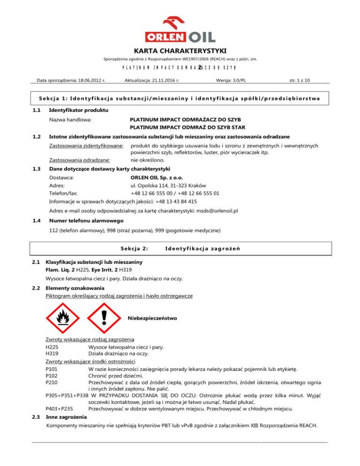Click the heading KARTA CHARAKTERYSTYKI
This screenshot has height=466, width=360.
click(180, 50)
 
